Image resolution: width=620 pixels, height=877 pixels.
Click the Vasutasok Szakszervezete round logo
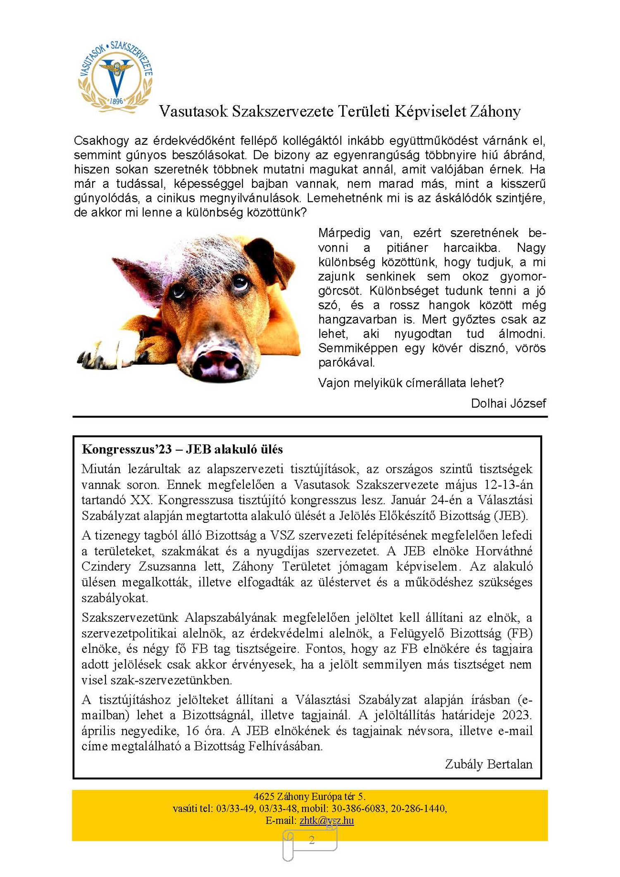[115, 76]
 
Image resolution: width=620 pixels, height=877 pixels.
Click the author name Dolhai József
[508, 403]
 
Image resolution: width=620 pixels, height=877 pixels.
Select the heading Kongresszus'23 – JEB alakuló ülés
[182, 449]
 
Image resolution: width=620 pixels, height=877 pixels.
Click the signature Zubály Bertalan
[489, 764]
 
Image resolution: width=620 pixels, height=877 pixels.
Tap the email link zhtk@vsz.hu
[327, 820]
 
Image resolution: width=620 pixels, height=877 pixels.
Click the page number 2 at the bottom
[312, 840]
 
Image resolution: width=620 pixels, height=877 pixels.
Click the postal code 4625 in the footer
[264, 796]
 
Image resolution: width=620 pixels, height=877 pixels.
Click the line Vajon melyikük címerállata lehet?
[411, 383]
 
